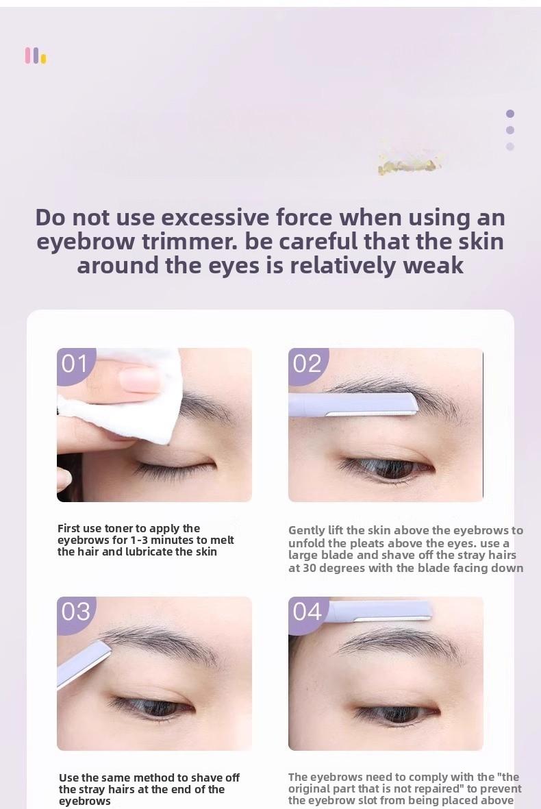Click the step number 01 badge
75,364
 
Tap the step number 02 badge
307,364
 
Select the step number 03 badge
75,612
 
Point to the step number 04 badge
307,612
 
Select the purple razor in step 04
377,610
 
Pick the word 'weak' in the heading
433,265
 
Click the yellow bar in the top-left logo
44,59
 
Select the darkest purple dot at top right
510,114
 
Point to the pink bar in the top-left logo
28,55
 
